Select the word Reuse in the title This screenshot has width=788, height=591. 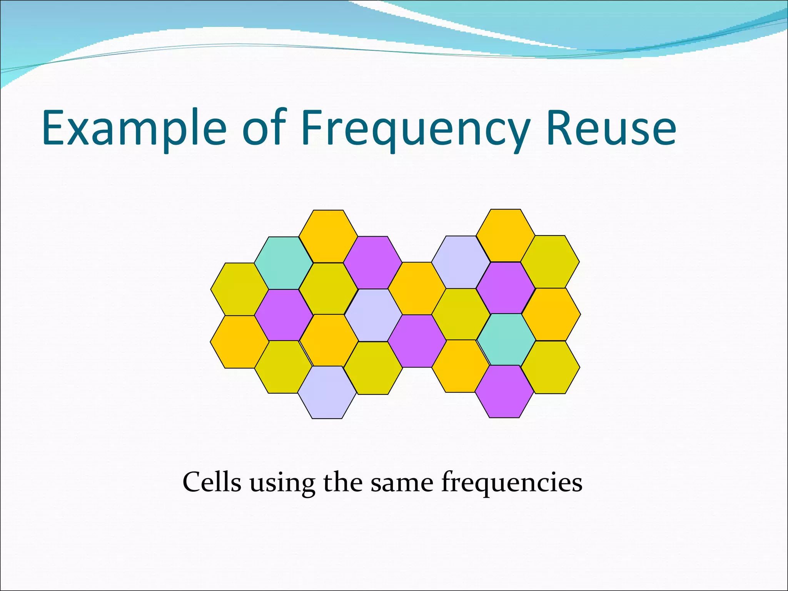point(611,128)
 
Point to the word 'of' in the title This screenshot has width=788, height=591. point(265,128)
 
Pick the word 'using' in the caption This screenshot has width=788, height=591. point(282,483)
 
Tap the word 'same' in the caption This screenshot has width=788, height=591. point(401,482)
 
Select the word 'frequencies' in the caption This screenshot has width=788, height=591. point(511,482)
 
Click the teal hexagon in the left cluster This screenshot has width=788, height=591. point(284,263)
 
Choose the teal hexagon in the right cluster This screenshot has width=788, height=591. point(506,340)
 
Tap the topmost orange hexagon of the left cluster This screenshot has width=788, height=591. point(328,236)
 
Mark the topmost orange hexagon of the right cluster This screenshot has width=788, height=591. point(506,235)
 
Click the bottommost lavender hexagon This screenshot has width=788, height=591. point(327,392)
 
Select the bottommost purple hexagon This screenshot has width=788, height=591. point(504,391)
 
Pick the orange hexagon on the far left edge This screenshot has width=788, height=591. point(239,342)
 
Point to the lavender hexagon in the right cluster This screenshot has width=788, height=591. point(461,262)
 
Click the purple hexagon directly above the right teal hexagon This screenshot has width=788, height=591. point(506,288)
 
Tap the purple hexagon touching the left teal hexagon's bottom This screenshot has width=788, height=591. point(284,315)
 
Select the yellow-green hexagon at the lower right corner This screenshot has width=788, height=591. point(550,367)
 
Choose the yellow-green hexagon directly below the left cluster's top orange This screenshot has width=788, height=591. point(328,289)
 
